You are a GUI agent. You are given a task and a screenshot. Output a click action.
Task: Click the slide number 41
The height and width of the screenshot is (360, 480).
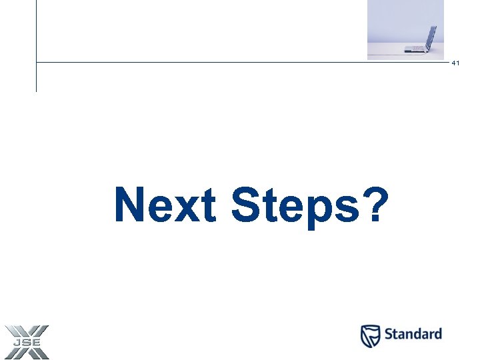click(x=456, y=63)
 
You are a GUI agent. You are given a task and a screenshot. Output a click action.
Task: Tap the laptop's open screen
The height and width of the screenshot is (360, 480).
click(x=431, y=37)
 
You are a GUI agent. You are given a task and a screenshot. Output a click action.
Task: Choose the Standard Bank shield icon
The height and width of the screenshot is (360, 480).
click(x=371, y=336)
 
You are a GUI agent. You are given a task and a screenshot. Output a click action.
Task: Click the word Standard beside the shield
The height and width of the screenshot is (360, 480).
click(x=413, y=334)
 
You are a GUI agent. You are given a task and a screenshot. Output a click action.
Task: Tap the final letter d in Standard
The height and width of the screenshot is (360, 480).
click(x=437, y=334)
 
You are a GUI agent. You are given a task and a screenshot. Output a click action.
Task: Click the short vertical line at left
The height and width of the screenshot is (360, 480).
click(x=36, y=77)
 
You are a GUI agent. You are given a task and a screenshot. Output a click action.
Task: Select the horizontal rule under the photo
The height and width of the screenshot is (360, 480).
click(x=200, y=63)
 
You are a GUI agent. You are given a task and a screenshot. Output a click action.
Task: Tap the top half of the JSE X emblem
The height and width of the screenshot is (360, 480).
click(x=26, y=331)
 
